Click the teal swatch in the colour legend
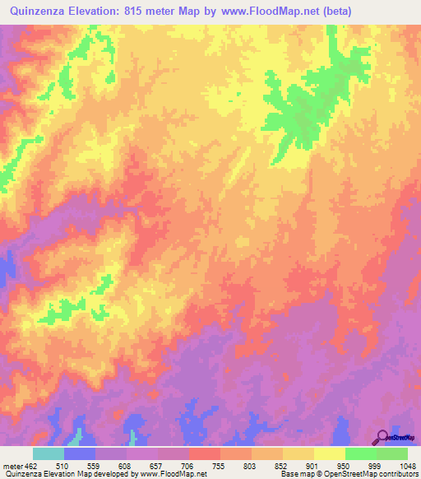point(49,453)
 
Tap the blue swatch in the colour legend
point(80,453)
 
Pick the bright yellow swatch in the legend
point(329,453)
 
